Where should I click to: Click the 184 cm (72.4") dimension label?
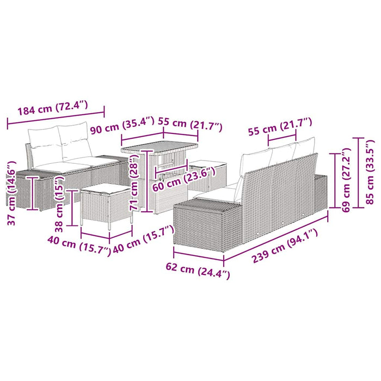pos(52,109)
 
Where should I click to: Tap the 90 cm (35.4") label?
pos(122,126)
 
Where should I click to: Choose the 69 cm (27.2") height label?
pos(347,180)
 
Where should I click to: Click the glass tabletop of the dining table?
pos(159,147)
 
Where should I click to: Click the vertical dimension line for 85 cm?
pos(359,173)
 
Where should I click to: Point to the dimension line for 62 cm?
pos(199,256)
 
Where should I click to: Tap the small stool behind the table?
pos(208,175)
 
